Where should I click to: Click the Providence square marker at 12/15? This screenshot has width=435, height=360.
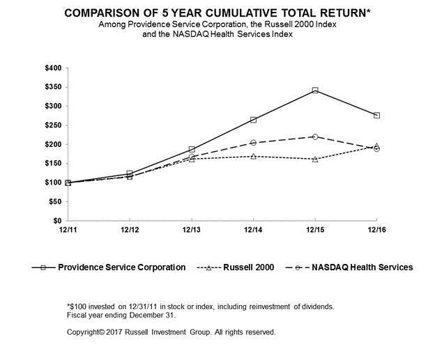click(315, 90)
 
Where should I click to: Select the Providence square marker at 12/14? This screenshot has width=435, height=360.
click(253, 120)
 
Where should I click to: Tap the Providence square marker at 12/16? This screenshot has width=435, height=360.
click(376, 115)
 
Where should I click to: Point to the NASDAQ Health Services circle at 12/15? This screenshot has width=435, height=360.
click(315, 136)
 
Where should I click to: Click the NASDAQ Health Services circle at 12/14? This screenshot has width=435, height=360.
click(253, 143)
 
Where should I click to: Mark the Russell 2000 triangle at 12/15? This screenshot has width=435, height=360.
click(315, 159)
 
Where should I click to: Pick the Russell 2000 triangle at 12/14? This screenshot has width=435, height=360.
click(253, 157)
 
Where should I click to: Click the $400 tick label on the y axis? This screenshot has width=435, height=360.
click(53, 68)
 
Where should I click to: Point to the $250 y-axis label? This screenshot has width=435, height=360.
click(53, 125)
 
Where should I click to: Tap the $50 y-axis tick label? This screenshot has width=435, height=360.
click(55, 201)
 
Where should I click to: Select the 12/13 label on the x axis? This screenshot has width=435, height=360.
click(192, 230)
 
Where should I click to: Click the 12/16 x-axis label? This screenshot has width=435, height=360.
click(376, 230)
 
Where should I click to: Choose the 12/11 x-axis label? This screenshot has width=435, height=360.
click(68, 230)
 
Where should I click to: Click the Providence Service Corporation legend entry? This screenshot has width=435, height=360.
click(109, 267)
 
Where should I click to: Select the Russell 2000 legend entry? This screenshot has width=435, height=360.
click(235, 267)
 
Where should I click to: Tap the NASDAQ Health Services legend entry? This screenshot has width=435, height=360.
click(349, 267)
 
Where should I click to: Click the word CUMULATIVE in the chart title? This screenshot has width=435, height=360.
click(241, 13)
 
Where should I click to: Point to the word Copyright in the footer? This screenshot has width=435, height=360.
click(83, 332)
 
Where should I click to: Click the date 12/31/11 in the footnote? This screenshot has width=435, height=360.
click(143, 307)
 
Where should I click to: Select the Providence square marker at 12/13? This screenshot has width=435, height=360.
click(192, 149)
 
